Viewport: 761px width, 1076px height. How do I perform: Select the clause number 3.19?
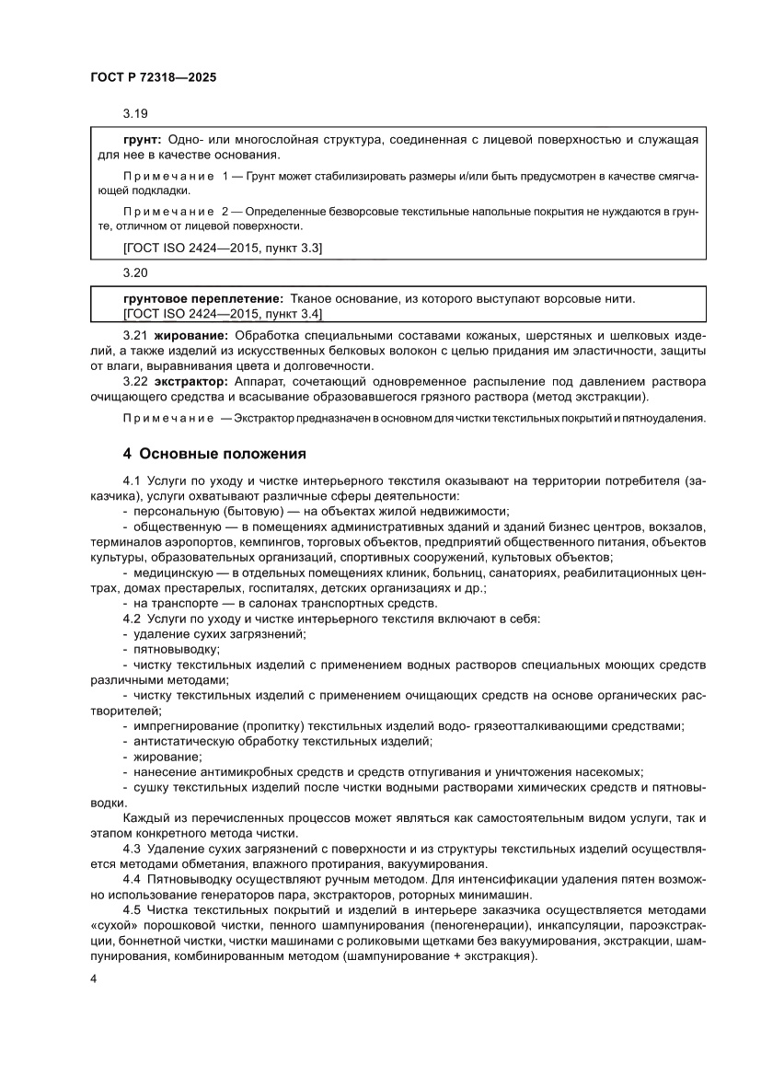[135, 114]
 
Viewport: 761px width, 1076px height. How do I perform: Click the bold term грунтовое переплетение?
[202, 299]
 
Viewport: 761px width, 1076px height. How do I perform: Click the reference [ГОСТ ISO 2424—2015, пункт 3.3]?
[222, 249]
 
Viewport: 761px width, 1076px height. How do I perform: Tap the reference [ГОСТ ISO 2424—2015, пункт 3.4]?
[222, 313]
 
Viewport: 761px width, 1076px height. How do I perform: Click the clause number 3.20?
[135, 273]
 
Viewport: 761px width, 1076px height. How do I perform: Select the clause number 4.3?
[133, 849]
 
